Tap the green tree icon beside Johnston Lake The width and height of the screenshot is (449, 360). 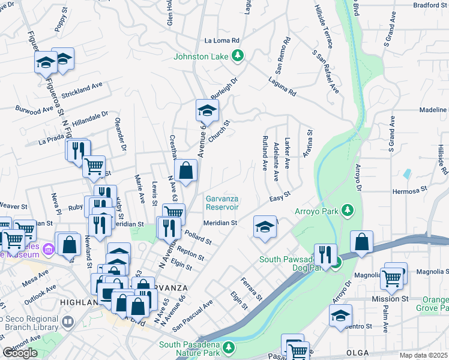(239, 56)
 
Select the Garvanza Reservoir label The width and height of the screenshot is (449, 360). (222, 203)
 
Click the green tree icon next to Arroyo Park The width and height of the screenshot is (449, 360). (346, 210)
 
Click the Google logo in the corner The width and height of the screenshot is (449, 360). (20, 353)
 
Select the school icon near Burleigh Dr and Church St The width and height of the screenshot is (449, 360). (206, 111)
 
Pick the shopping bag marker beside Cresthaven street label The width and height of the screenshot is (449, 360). (186, 170)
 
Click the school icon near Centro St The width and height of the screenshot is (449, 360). (340, 316)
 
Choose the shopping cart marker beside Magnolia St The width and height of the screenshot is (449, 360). (391, 277)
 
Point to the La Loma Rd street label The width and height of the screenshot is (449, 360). (222, 41)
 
